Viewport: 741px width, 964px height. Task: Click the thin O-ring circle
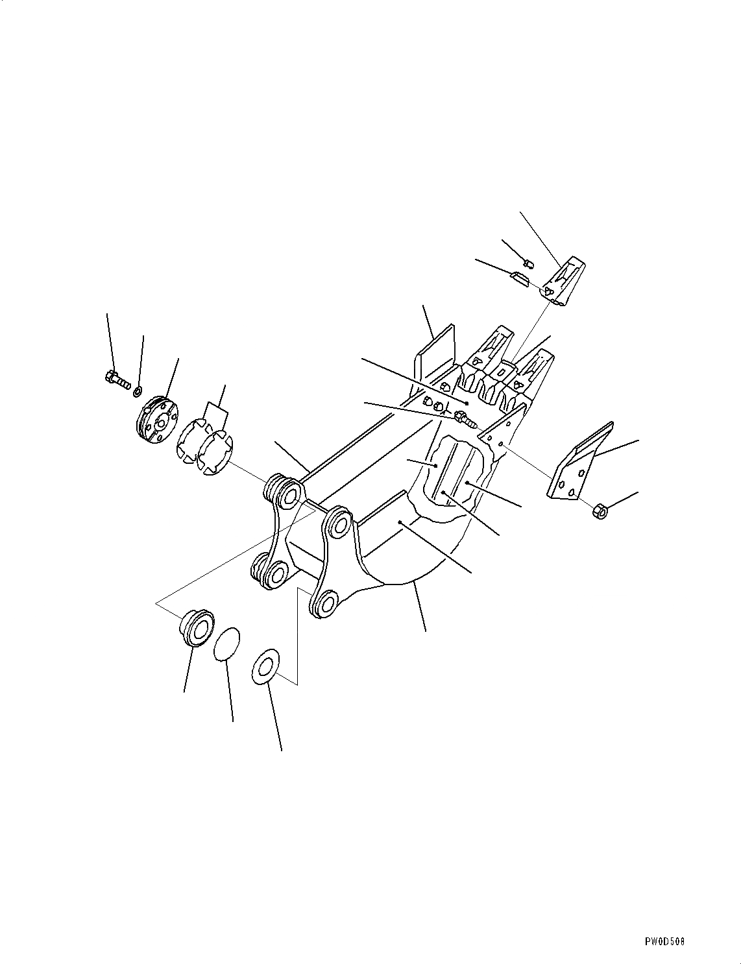tap(227, 643)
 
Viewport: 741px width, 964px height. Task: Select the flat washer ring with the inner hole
tap(265, 666)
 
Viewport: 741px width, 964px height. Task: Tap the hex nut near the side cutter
tap(600, 512)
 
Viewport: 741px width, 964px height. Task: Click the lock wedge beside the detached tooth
tap(520, 279)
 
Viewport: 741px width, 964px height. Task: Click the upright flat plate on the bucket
tap(436, 354)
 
